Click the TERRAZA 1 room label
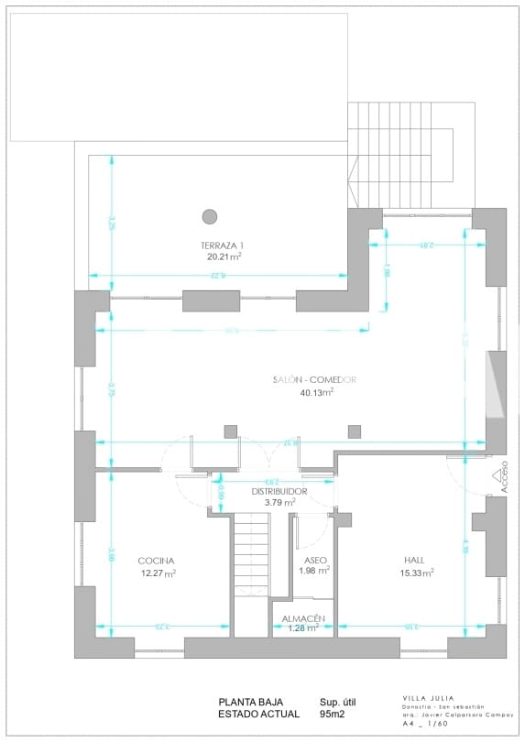[x=223, y=246]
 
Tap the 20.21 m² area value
[x=223, y=257]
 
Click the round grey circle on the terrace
[x=210, y=216]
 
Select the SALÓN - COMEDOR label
[x=314, y=380]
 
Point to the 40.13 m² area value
[x=316, y=392]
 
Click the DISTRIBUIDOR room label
[x=280, y=491]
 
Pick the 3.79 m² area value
[x=280, y=502]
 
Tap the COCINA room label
[x=156, y=561]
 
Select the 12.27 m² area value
[x=157, y=573]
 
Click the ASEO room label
[x=314, y=560]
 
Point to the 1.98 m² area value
[x=314, y=571]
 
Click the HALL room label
[x=414, y=560]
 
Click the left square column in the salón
[x=230, y=431]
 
